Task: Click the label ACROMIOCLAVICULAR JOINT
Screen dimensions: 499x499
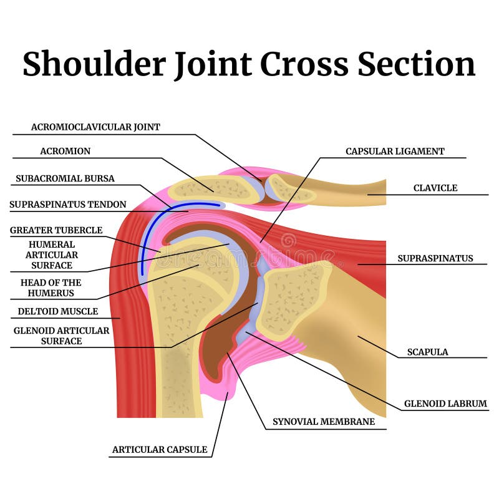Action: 95,127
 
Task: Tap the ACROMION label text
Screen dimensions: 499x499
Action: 65,151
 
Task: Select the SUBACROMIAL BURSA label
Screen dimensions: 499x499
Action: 65,178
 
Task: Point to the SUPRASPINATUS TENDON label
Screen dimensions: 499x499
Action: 67,205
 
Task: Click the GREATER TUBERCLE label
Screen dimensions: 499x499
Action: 56,230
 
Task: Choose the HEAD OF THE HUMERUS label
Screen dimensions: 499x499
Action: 51,288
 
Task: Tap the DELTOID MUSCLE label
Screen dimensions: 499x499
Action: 57,311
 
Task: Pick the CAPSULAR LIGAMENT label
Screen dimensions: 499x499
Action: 395,151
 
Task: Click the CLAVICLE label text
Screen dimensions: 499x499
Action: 435,188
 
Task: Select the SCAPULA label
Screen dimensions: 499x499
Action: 427,352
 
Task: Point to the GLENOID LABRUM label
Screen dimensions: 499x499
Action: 445,404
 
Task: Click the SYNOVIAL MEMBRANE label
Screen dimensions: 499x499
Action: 324,422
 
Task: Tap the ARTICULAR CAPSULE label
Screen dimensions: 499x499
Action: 160,449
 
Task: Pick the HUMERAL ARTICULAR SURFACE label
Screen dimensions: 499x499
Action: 51,254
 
